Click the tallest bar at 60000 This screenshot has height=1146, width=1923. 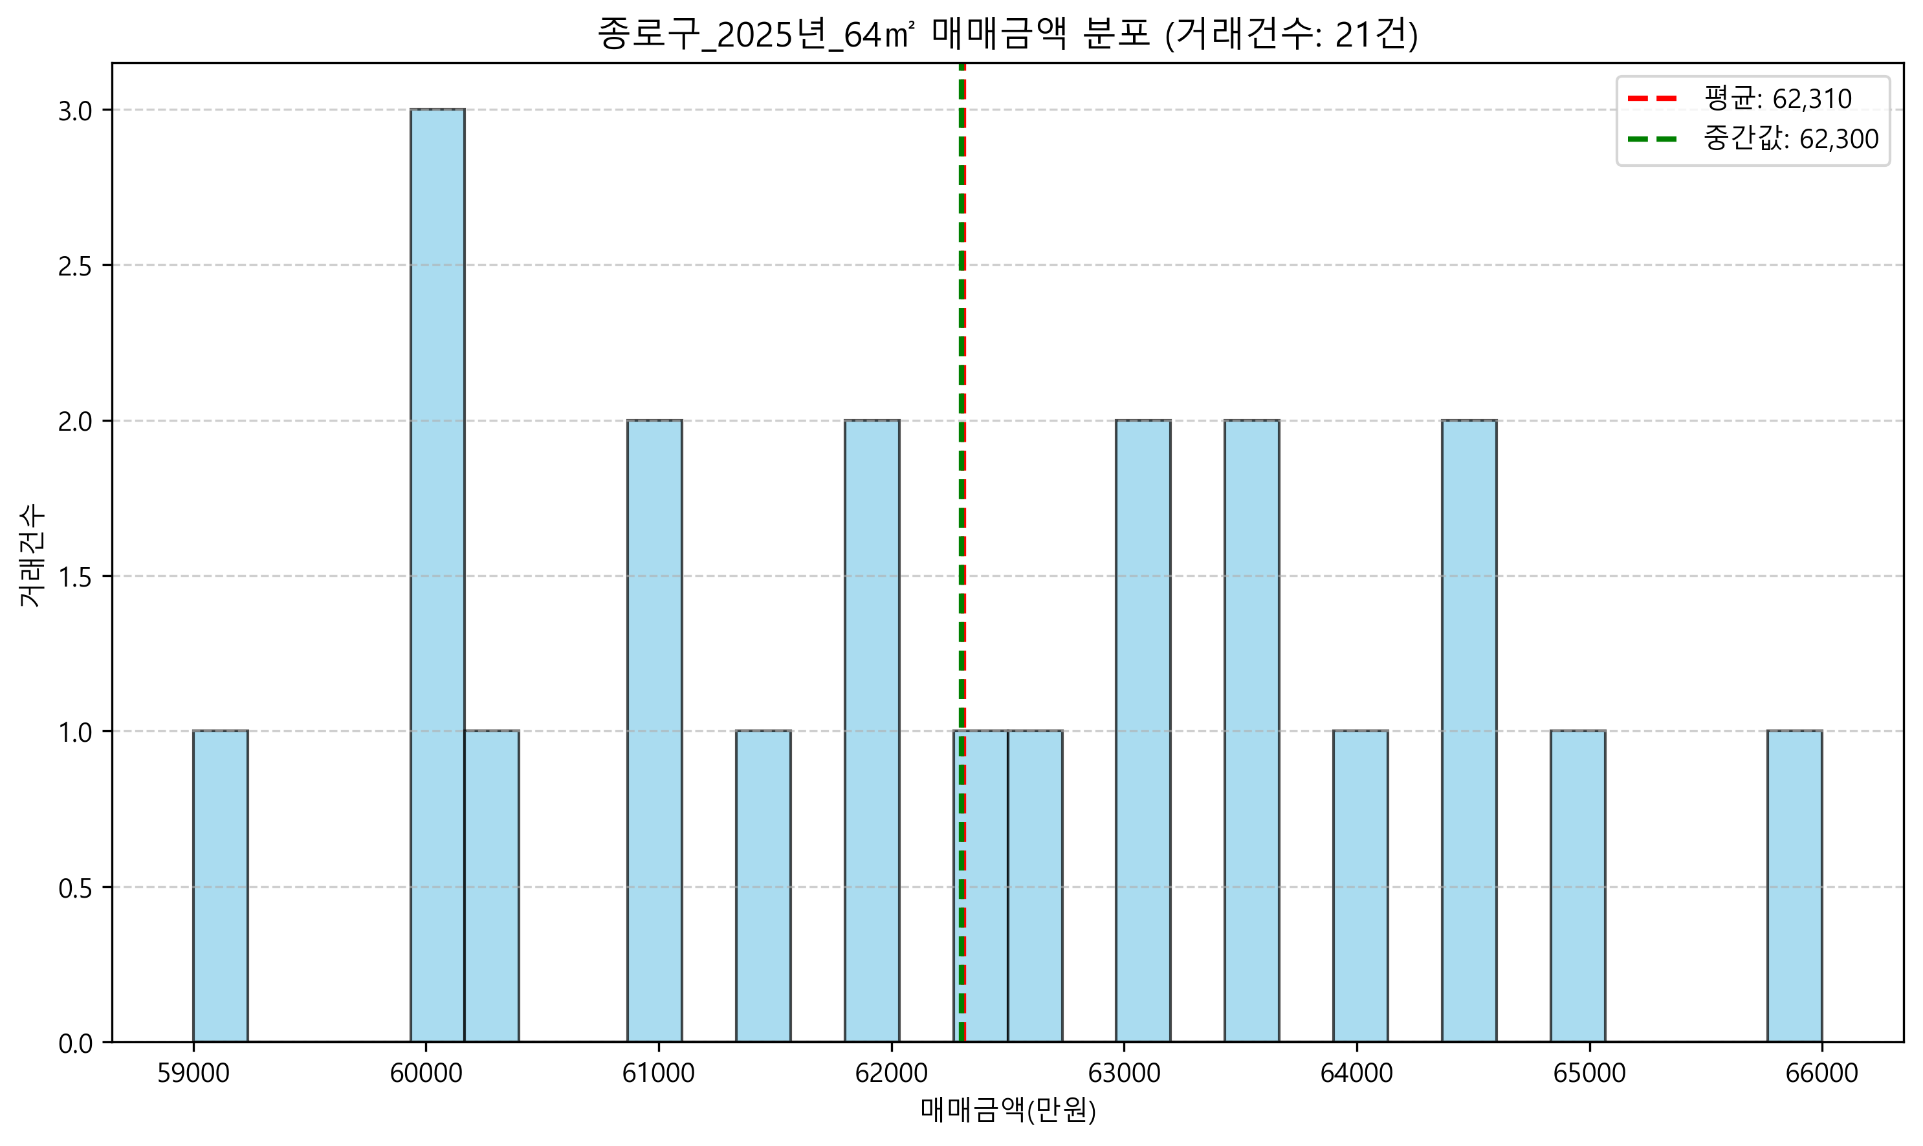pos(437,576)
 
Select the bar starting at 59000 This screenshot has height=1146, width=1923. pos(220,887)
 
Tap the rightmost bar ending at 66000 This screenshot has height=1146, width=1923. pos(1795,887)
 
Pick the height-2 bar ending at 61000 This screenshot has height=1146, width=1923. pos(654,731)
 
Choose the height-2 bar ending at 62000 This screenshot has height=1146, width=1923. pos(872,731)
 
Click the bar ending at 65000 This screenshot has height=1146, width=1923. pos(1577,887)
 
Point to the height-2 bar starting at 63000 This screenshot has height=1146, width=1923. pos(1143,731)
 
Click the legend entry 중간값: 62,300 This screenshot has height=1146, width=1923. pos(1753,139)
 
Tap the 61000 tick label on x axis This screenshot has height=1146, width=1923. pos(658,1073)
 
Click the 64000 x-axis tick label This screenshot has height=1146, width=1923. pos(1357,1073)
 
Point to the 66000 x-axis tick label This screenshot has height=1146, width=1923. pos(1822,1073)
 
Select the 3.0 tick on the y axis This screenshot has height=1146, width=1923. pos(75,111)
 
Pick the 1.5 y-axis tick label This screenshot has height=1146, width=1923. pos(75,577)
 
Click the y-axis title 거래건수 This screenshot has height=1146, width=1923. pos(32,556)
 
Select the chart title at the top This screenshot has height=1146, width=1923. pos(1008,34)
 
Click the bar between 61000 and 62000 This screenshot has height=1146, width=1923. pos(764,887)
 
